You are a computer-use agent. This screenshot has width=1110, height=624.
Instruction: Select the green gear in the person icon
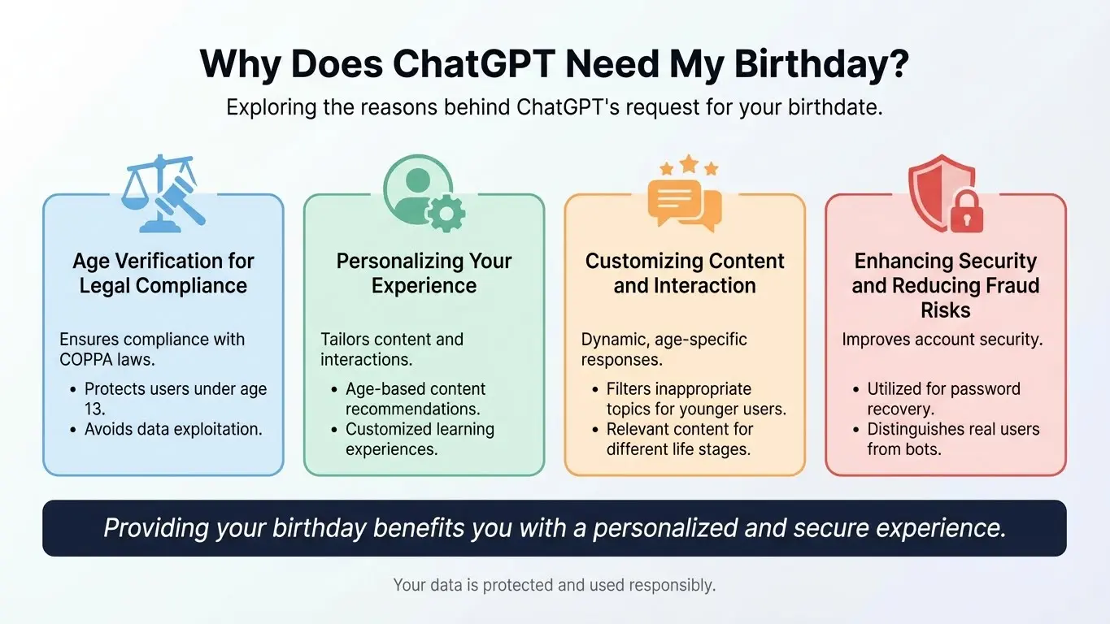(x=446, y=214)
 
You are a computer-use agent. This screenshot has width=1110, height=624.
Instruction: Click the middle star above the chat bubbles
(x=689, y=165)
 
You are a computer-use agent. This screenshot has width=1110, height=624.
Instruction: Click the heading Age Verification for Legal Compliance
(x=163, y=273)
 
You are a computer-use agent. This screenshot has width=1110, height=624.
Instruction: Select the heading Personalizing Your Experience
(x=424, y=273)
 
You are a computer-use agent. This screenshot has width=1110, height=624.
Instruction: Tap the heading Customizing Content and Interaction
(x=685, y=273)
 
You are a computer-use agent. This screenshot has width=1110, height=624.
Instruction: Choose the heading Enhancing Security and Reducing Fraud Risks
(x=946, y=285)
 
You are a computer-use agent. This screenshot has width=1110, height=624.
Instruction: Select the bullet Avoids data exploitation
(x=173, y=429)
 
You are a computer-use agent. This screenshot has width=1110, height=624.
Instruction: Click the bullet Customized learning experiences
(x=420, y=439)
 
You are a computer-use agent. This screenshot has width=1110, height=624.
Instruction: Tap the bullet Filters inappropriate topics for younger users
(x=696, y=399)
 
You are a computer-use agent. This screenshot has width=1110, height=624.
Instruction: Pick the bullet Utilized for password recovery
(x=943, y=399)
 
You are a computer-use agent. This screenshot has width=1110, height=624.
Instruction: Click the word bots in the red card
(x=922, y=448)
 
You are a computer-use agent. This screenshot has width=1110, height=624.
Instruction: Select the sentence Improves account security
(x=942, y=340)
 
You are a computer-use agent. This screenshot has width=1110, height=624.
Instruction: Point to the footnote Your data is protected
(x=555, y=584)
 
